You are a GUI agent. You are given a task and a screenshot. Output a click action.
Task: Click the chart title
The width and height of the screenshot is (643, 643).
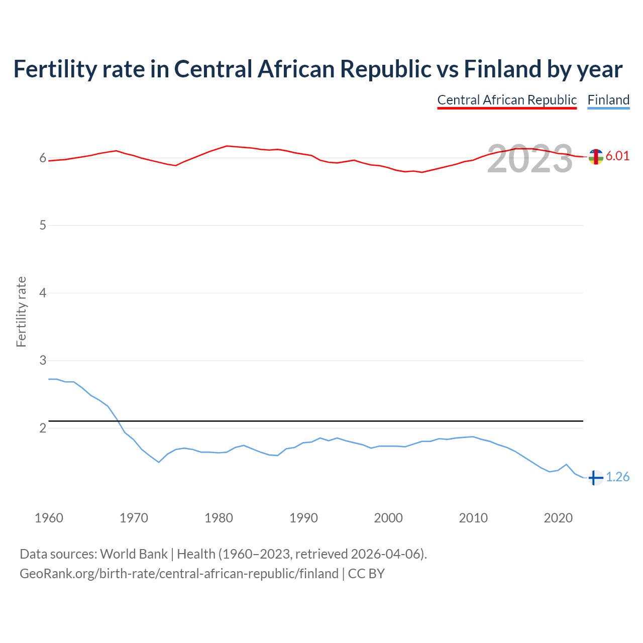317,69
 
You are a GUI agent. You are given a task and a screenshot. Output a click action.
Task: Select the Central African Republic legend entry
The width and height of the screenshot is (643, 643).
507,100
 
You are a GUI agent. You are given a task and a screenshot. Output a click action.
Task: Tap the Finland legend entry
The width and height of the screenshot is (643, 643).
608,100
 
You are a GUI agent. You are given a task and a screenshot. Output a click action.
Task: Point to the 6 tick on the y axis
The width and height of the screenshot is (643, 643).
43,158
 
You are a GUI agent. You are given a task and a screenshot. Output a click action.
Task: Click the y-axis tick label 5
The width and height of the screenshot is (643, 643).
43,226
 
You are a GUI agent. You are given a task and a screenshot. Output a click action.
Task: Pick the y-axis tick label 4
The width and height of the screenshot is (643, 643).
43,293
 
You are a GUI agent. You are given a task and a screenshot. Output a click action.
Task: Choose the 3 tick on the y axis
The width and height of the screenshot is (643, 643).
43,361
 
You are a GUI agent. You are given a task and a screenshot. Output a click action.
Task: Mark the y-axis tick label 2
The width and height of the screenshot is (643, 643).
43,428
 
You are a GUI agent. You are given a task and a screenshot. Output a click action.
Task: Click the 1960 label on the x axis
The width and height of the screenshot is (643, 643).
49,518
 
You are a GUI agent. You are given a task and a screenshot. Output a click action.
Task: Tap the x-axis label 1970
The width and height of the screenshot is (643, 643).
134,518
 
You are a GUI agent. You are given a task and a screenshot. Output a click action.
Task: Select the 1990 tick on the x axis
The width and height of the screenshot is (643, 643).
303,518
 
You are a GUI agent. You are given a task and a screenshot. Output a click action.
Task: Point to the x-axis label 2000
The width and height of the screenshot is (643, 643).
388,518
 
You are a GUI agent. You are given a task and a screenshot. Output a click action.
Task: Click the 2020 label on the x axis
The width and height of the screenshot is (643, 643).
558,518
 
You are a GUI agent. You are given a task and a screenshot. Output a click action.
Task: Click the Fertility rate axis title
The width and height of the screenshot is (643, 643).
21,311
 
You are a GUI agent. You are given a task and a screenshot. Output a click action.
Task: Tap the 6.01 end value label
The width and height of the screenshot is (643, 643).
617,156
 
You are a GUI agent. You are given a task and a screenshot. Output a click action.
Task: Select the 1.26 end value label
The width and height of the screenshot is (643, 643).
617,477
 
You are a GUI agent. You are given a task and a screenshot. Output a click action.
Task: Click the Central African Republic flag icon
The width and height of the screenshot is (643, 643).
595,157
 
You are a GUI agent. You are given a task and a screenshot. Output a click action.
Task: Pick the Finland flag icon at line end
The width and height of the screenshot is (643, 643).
595,478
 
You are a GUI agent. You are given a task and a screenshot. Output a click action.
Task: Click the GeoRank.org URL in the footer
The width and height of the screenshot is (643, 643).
179,574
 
